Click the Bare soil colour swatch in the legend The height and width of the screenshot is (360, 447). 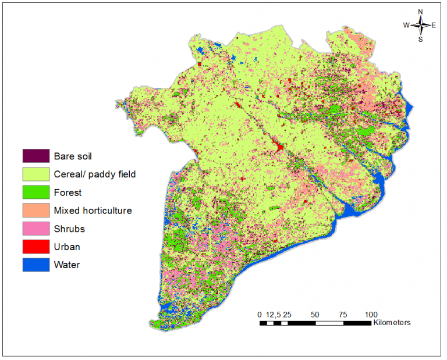tap(36, 156)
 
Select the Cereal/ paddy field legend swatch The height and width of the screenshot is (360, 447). tap(36, 174)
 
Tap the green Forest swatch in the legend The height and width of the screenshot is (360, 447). tap(36, 192)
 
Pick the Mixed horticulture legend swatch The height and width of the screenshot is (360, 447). tap(36, 210)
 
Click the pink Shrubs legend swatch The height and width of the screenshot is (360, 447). tap(36, 229)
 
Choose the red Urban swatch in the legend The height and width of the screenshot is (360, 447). tap(36, 247)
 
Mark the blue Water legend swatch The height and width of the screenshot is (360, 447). tap(36, 265)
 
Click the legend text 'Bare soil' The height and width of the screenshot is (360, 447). tap(73, 156)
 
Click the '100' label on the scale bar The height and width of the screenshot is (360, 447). tap(371, 314)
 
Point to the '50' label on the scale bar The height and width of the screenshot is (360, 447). tap(315, 314)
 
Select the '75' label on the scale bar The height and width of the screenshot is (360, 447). tap(343, 314)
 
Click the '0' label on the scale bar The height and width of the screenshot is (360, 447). tap(260, 314)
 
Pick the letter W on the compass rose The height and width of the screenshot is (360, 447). tap(406, 25)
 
